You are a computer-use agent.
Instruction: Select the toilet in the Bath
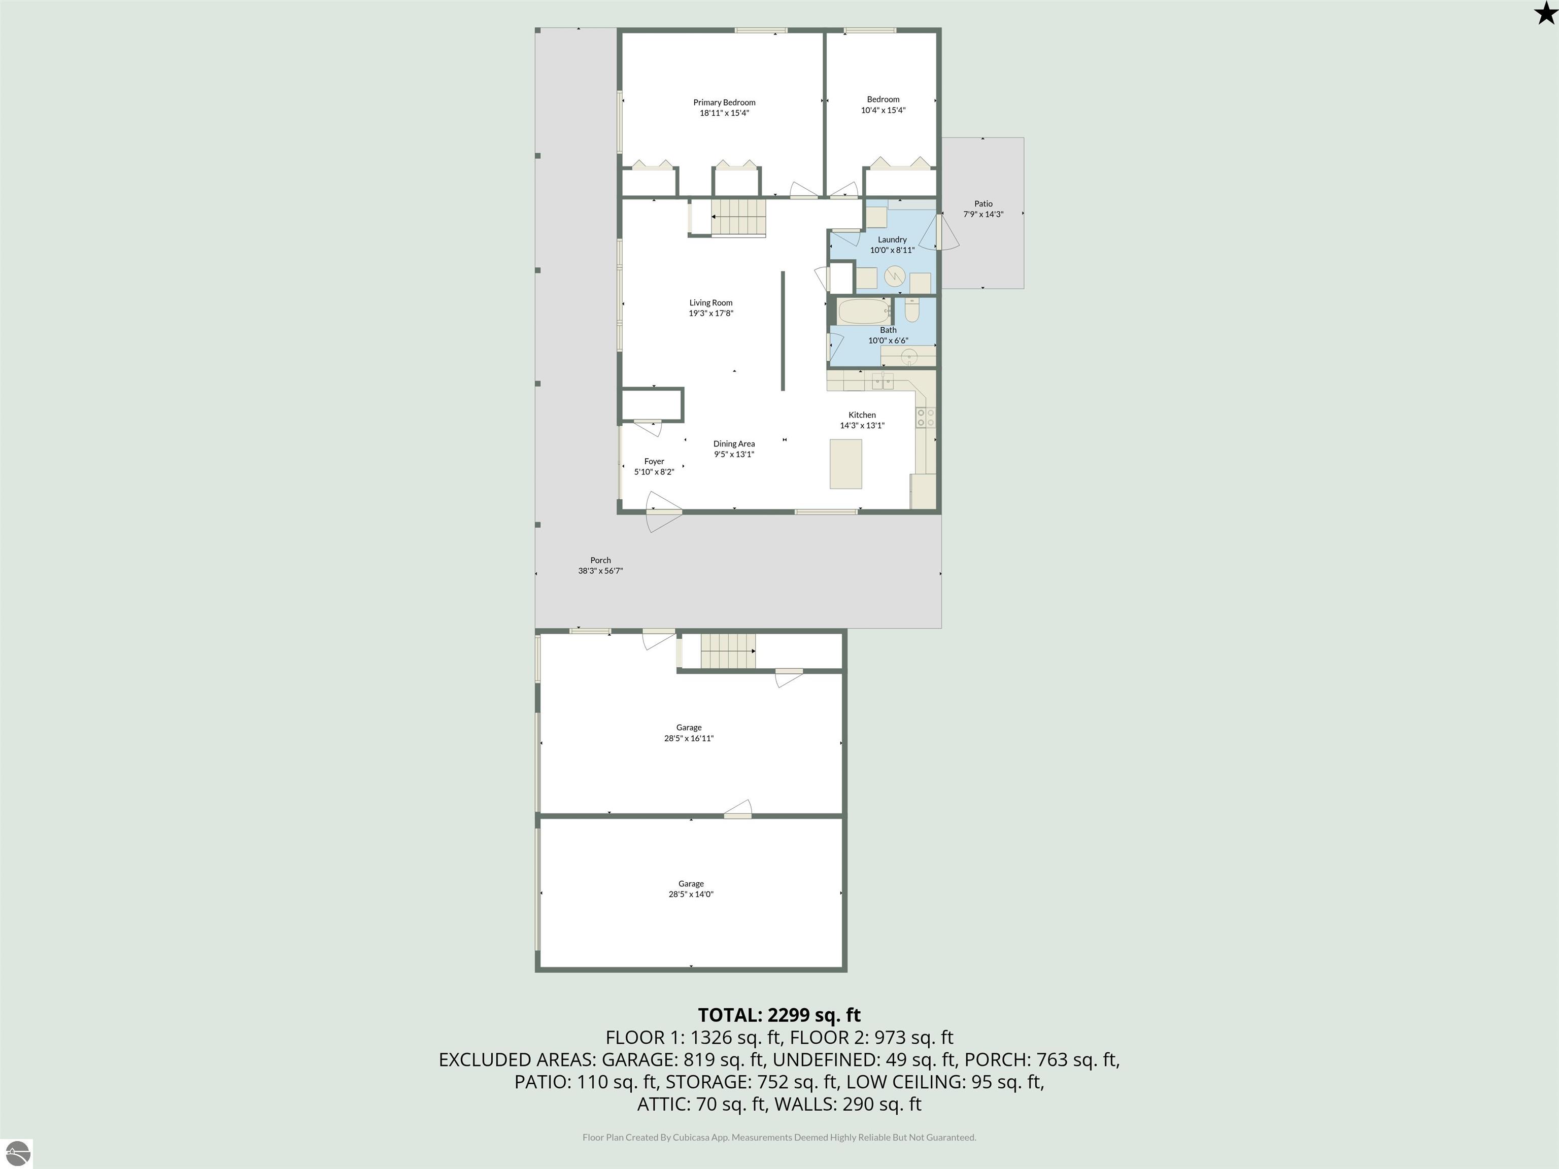[912, 310]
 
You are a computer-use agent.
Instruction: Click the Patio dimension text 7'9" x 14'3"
[983, 214]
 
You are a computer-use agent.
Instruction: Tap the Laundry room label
[892, 239]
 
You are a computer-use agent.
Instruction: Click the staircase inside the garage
[728, 651]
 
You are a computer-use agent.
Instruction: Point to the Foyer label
[654, 462]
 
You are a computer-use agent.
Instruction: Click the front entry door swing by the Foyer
[662, 511]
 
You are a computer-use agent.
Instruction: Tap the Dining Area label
[734, 444]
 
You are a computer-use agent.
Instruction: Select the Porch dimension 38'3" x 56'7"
[600, 571]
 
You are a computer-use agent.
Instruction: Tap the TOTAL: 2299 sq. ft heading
[779, 1015]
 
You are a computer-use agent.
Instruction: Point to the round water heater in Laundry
[894, 276]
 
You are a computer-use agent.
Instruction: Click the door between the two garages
[738, 810]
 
